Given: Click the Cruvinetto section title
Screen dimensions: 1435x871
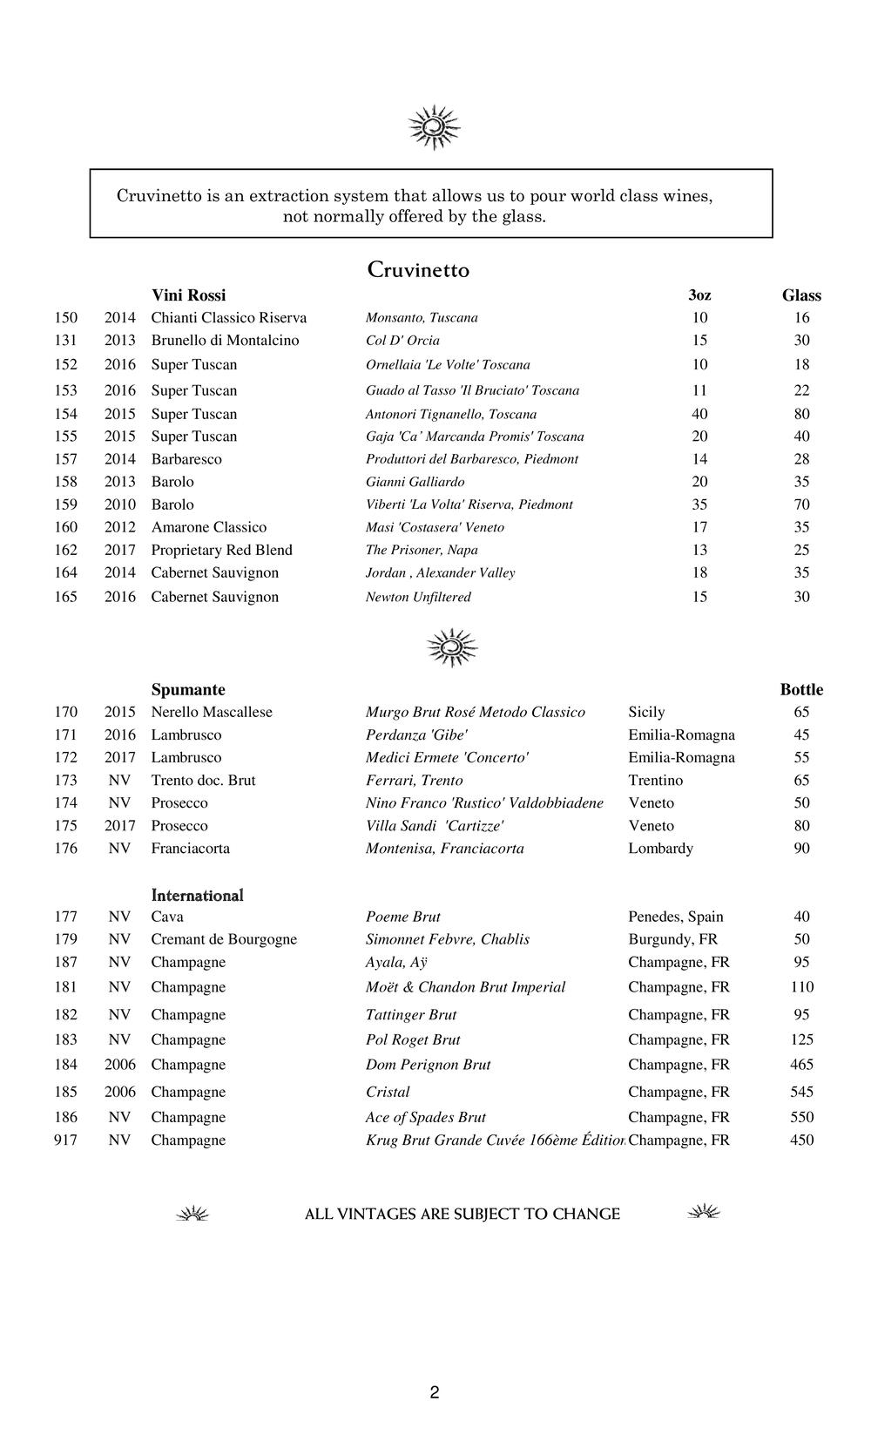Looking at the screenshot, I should pos(418,270).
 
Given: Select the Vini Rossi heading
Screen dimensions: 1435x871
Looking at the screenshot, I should pos(188,295).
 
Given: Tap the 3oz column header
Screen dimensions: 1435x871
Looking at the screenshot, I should pos(699,295).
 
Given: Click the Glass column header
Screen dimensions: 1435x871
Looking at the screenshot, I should pos(801,295).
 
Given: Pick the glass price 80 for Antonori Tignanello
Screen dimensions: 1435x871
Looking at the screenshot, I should pos(801,414).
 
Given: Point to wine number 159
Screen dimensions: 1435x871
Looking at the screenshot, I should pos(65,504).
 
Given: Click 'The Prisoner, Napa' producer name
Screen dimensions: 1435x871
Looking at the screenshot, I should pos(422,550).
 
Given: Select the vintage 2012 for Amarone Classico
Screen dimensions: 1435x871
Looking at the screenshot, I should pos(120,527).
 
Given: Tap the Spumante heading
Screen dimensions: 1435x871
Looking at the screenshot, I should pos(188,689).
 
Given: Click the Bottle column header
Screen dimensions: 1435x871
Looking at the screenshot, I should pos(801,689).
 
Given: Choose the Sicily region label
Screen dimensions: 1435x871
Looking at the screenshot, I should pos(646,712).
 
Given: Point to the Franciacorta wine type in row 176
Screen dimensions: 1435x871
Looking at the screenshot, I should pos(191,848).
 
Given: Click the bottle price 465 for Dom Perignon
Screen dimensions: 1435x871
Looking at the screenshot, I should pos(801,1064).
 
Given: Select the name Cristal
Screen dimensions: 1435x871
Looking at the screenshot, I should pos(388,1092).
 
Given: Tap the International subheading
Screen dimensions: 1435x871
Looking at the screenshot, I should pos(197,895).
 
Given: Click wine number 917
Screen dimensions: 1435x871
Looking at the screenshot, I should pos(65,1140).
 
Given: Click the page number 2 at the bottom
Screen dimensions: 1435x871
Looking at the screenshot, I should pos(435,1392).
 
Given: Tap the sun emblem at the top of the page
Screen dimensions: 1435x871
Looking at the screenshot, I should pos(434,127).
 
